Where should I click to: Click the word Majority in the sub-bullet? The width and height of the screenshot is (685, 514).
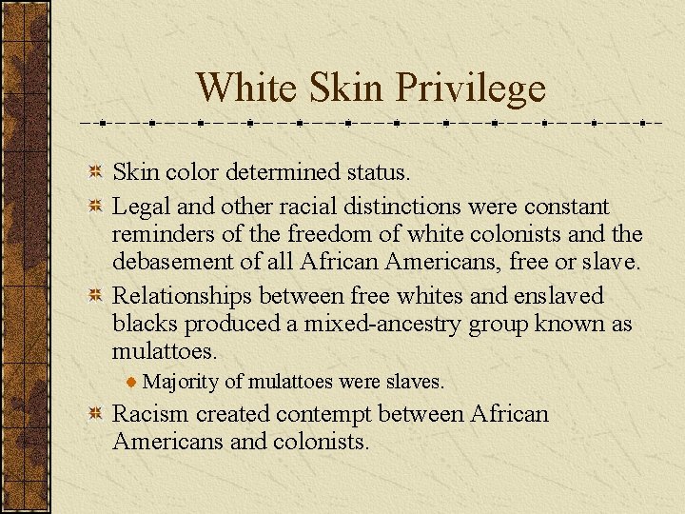click(x=181, y=382)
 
